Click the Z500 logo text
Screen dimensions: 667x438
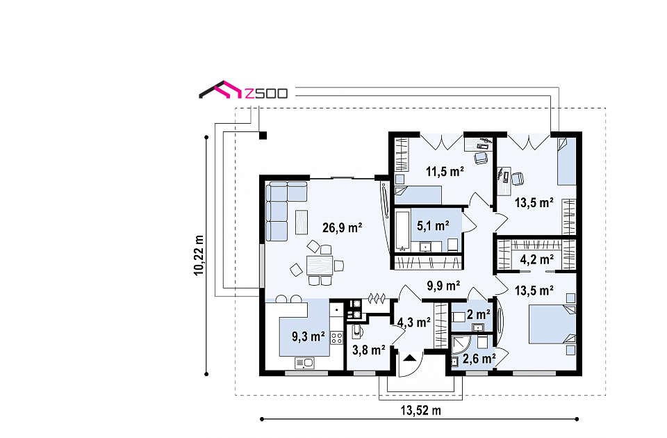pos(266,94)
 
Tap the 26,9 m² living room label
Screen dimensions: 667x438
pos(342,228)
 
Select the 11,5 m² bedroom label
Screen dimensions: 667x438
pos(445,172)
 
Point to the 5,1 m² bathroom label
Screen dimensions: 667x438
pos(433,225)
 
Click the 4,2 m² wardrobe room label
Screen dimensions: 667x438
pos(537,259)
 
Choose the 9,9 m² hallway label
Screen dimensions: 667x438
pos(443,286)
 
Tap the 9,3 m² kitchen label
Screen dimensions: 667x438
pos(308,336)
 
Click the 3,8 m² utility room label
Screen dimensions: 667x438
pos(369,350)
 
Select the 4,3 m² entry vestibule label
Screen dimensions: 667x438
pos(414,322)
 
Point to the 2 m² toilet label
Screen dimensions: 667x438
pos(479,314)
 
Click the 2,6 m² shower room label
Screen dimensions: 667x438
pos(479,359)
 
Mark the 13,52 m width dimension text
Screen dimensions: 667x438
pos(421,410)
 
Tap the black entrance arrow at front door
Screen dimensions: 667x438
pos(410,357)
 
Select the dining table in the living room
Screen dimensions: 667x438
pos(320,265)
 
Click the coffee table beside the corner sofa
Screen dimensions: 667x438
pos(302,222)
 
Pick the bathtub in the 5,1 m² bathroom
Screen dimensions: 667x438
pos(402,230)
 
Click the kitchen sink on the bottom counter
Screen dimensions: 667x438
pos(304,363)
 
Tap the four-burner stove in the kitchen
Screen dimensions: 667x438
pos(337,339)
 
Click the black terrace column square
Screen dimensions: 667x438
pos(263,136)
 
